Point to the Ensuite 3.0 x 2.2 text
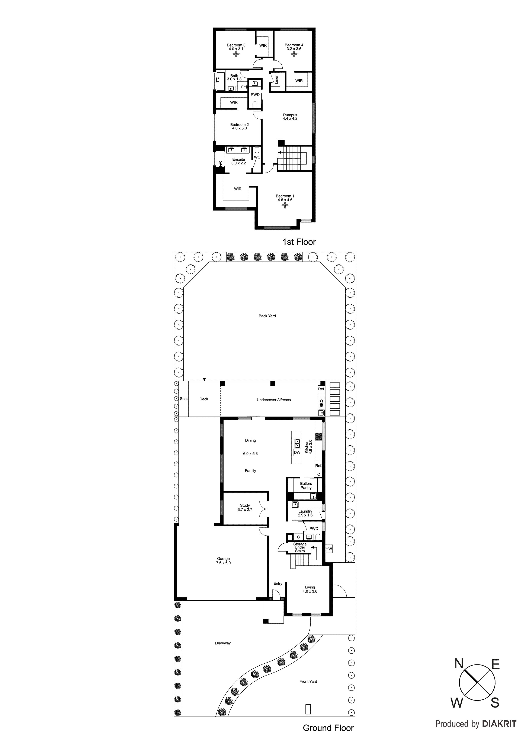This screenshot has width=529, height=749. (239, 161)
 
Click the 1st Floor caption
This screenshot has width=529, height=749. (299, 242)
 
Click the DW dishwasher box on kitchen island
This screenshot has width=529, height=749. (297, 452)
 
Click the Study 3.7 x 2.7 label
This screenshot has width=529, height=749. (245, 507)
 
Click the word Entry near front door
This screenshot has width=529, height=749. (278, 583)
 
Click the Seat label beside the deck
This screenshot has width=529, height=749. (184, 399)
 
